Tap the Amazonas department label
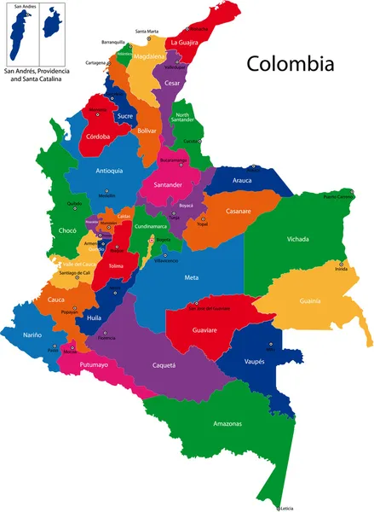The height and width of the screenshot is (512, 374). click(x=227, y=423)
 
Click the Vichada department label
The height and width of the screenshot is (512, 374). click(x=297, y=239)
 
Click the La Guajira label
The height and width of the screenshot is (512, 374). click(x=185, y=42)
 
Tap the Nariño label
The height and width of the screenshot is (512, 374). click(x=32, y=335)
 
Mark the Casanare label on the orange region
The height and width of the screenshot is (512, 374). click(x=239, y=212)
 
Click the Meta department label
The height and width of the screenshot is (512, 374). click(x=192, y=277)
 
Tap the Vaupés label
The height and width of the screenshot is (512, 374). click(x=254, y=361)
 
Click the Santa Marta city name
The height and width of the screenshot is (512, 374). click(x=147, y=32)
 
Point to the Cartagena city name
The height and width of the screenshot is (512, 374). click(x=96, y=62)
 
